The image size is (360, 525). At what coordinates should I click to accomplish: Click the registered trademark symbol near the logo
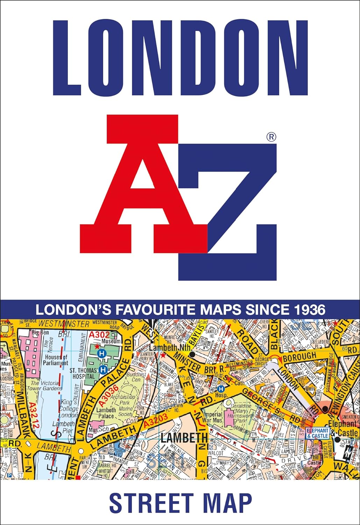point(271,137)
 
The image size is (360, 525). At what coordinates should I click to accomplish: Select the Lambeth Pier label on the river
point(63,427)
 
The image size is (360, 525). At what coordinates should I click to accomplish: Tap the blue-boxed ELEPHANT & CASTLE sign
point(318,433)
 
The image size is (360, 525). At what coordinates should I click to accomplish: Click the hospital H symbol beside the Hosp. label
point(220,389)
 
